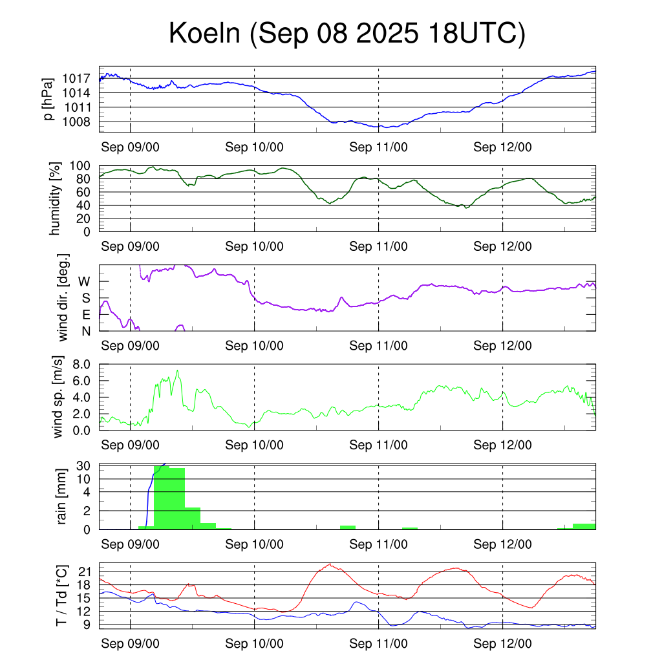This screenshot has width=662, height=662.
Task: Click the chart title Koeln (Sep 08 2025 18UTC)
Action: (347, 34)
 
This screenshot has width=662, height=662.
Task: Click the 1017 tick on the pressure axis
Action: (76, 79)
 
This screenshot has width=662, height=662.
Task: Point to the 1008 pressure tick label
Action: (76, 122)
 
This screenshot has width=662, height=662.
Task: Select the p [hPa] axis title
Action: (47, 100)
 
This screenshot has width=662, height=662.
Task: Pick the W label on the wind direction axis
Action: (85, 281)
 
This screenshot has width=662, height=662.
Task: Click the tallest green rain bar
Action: (169, 498)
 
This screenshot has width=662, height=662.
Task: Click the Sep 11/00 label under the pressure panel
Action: (378, 147)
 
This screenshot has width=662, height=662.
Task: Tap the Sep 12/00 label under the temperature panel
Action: (502, 644)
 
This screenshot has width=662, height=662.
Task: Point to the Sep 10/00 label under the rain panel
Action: (254, 544)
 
